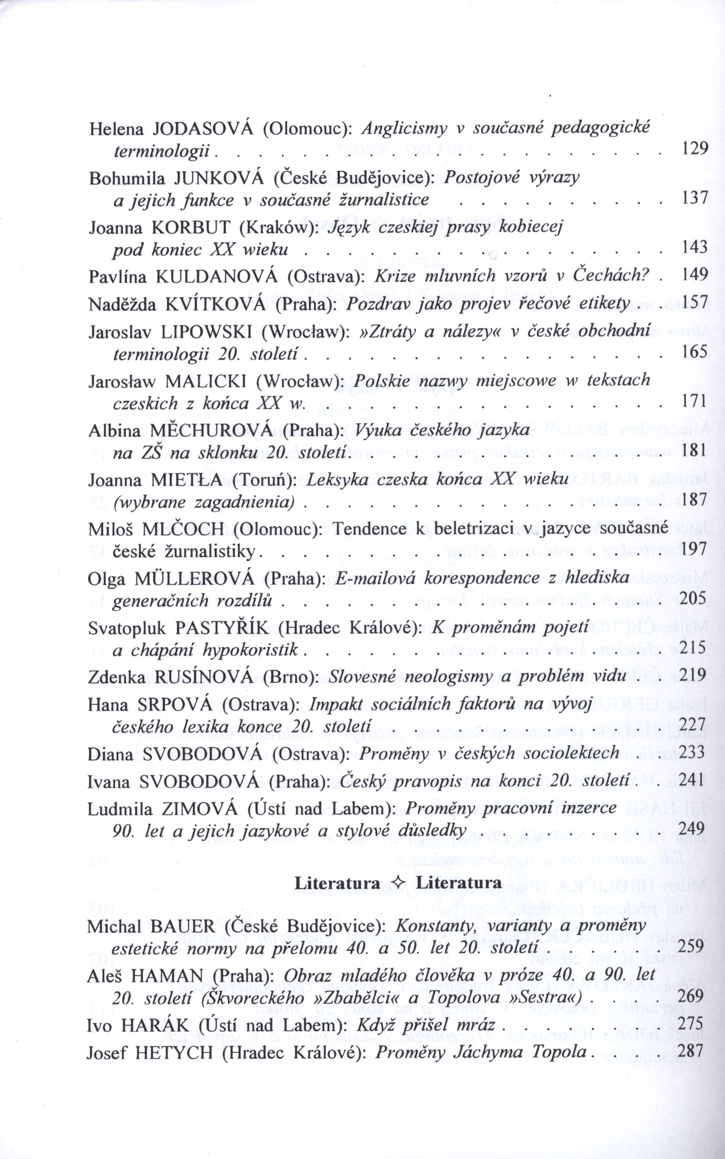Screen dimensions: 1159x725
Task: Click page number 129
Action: click(695, 148)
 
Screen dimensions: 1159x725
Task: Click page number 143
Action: click(695, 247)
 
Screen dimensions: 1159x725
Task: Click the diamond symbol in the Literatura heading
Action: click(398, 883)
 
